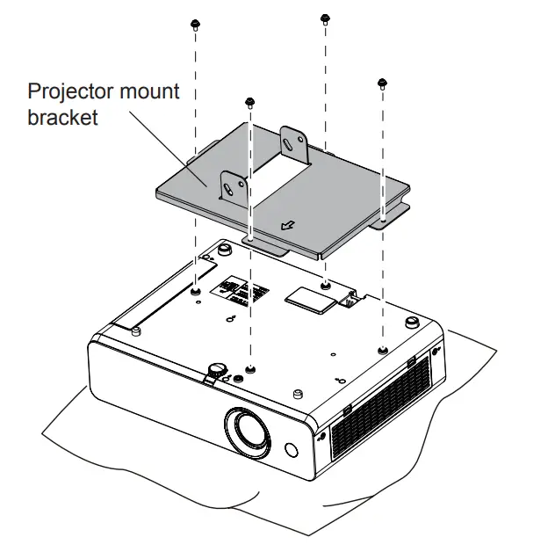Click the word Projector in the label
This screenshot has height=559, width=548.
pos(70,92)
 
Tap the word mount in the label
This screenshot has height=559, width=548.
pos(149,91)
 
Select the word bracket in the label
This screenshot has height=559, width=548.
pos(62,117)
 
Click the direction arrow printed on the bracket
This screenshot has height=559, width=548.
pos(288,225)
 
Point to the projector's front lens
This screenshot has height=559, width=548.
pos(248,432)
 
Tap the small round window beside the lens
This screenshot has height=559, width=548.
pos(291,450)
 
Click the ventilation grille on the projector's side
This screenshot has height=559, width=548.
pos(380,408)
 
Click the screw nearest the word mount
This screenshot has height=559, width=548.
pos(195,25)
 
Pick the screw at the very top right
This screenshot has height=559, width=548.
pos(325,18)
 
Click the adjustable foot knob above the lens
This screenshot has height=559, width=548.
pos(216,369)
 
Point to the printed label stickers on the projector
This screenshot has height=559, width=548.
pos(240,291)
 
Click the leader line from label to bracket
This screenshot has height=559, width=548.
pos(168,149)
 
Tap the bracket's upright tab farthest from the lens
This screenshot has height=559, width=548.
pos(294,145)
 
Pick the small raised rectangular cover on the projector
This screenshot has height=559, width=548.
pos(310,301)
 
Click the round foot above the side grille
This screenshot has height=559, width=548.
pos(412,322)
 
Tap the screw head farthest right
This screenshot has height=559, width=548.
pos(382,83)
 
